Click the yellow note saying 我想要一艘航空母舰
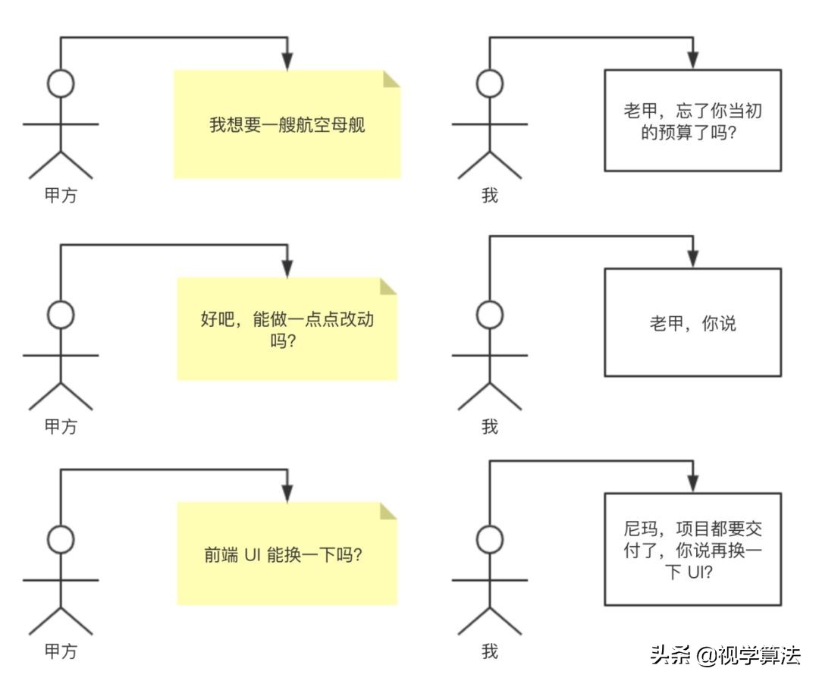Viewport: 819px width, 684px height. pyautogui.click(x=287, y=124)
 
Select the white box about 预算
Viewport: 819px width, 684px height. pyautogui.click(x=692, y=121)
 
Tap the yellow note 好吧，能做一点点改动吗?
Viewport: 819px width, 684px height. pyautogui.click(x=287, y=328)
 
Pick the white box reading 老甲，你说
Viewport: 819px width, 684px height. pyautogui.click(x=692, y=322)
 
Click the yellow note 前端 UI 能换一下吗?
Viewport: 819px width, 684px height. pyautogui.click(x=287, y=554)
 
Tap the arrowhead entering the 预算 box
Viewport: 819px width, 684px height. pyautogui.click(x=692, y=63)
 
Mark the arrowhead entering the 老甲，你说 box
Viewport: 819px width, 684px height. pyautogui.click(x=692, y=260)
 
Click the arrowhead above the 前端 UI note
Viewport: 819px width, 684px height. pyautogui.click(x=287, y=494)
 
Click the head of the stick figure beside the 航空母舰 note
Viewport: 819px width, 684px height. pyautogui.click(x=61, y=83)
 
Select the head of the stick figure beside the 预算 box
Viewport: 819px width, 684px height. pyautogui.click(x=490, y=83)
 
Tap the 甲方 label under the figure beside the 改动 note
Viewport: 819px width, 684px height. pyautogui.click(x=61, y=426)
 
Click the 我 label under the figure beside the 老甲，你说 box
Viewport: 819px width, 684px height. pyautogui.click(x=490, y=426)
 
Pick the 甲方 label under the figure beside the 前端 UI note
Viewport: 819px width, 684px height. pyautogui.click(x=61, y=651)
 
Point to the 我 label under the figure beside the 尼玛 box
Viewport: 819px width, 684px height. pyautogui.click(x=490, y=651)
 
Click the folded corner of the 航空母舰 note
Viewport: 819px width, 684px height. pyautogui.click(x=391, y=79)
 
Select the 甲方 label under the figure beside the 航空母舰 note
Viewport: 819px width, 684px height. pyautogui.click(x=61, y=196)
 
